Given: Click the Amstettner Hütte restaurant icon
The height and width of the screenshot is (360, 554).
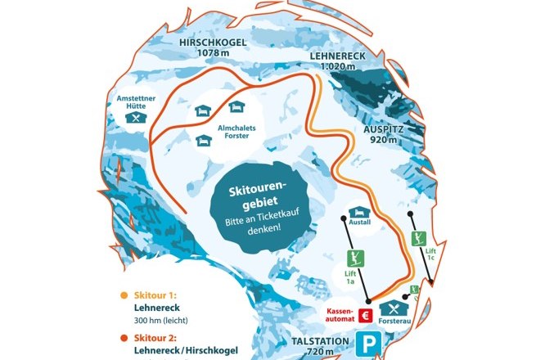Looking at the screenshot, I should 135,118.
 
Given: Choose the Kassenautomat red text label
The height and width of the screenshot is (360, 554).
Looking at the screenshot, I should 341,315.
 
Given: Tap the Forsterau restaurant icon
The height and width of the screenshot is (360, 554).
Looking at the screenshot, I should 398,308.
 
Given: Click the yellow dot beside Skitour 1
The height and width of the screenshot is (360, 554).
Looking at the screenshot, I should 124,295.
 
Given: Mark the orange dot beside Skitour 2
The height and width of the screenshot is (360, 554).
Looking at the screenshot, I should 124,337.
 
